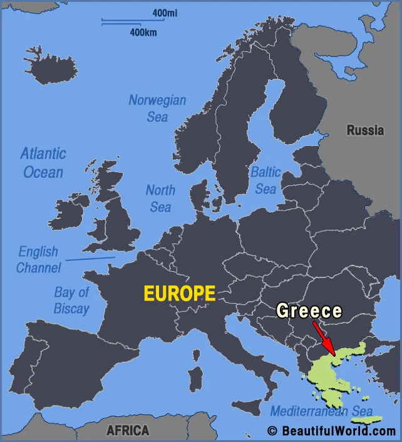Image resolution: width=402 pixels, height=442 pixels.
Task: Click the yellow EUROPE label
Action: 180,294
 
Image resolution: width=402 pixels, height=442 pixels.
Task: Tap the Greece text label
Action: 309,311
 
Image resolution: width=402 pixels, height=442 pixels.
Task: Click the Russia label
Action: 365,130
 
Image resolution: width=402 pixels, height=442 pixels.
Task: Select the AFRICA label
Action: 128,430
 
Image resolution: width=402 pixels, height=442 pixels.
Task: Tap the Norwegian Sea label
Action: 157,108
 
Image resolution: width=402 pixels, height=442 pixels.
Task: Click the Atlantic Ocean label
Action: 43,162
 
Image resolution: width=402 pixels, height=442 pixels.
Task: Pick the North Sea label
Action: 160,198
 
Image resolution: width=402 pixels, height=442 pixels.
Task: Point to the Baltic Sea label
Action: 265,180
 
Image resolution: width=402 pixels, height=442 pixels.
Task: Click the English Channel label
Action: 39,259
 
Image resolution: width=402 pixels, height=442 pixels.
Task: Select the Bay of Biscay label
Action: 71,300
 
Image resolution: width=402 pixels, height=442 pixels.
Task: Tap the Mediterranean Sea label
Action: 321,411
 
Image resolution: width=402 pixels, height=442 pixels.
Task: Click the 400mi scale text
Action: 164,13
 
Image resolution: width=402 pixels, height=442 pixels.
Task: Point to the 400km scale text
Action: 143,32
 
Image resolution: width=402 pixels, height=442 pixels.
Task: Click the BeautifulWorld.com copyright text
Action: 332,431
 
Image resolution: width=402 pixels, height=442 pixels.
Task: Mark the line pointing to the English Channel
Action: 90,258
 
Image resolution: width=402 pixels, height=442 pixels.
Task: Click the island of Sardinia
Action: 196,378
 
